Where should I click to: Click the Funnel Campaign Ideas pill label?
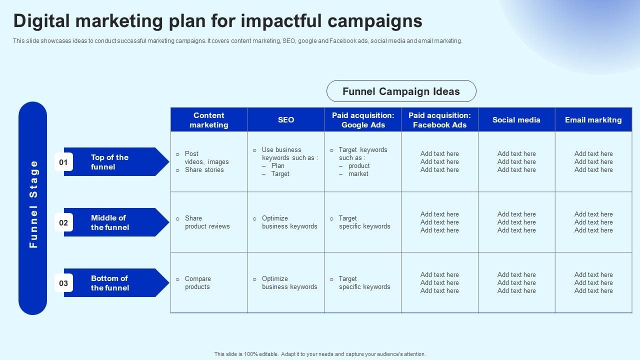point(401,91)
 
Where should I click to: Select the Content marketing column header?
point(209,119)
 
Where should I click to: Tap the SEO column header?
point(286,119)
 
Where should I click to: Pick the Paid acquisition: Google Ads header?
point(363,119)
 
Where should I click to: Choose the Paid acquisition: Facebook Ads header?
point(439,119)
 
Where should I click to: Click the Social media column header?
point(516,119)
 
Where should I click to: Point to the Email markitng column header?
point(593,119)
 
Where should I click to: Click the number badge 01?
point(63,162)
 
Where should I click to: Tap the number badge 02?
point(63,222)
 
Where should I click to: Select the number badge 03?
point(63,283)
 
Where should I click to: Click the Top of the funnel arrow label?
point(109,162)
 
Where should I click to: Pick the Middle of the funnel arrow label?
point(110,222)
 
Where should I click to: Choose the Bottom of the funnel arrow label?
point(110,283)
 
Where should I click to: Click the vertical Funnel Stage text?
point(33,204)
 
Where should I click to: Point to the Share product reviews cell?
point(207,222)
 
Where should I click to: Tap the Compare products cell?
point(197,282)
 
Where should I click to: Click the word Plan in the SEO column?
point(277,165)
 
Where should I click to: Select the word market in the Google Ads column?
point(358,173)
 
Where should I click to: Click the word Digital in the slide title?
point(41,21)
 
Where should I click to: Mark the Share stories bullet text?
point(204,169)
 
